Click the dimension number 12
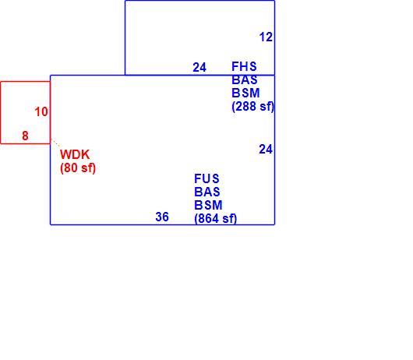(x=266, y=37)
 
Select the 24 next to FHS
(x=199, y=68)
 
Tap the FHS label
(x=244, y=66)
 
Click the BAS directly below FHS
(x=245, y=79)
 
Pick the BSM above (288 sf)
(x=245, y=93)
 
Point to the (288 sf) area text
(x=252, y=107)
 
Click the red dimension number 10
(x=41, y=112)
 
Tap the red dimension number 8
(x=25, y=136)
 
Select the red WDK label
(x=75, y=154)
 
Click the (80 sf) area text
(x=78, y=168)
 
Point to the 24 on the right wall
(x=266, y=150)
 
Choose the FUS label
(x=206, y=178)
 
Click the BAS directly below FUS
(x=207, y=192)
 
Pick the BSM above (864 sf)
(x=208, y=205)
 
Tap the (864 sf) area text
(x=215, y=219)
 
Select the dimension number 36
(x=162, y=217)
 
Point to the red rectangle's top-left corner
(x=1, y=82)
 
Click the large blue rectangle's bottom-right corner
(x=275, y=224)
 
